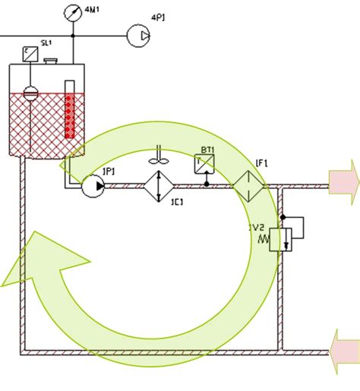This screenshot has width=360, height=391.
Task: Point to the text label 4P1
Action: point(159,17)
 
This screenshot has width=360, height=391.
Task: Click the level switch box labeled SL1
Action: point(30,53)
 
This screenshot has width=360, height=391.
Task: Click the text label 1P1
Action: point(108,171)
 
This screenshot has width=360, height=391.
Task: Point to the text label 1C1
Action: point(177,202)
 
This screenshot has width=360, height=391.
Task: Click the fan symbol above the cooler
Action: point(157,158)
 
